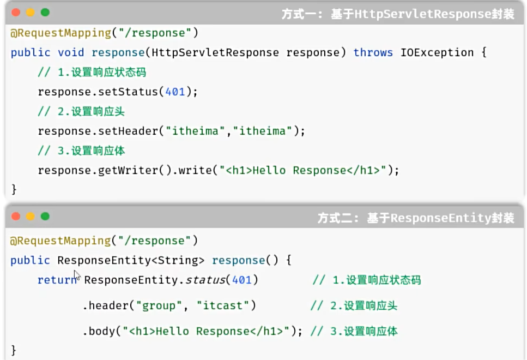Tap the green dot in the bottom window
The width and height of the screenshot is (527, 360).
[x=45, y=217]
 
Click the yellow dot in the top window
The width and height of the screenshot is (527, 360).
[x=30, y=12]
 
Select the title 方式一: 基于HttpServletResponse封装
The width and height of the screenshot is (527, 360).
[x=398, y=14]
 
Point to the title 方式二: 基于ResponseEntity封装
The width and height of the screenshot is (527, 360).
[x=416, y=218]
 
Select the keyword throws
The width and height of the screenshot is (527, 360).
[x=373, y=52]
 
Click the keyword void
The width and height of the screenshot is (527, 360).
[x=71, y=52]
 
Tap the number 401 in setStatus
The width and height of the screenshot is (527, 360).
[x=175, y=92]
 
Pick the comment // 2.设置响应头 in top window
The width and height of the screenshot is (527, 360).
[x=81, y=111]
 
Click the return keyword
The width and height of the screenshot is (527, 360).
[x=56, y=280]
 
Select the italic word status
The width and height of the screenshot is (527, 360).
[x=205, y=280]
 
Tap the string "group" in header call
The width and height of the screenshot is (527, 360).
[x=159, y=305]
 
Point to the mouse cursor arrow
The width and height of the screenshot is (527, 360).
[x=77, y=275]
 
